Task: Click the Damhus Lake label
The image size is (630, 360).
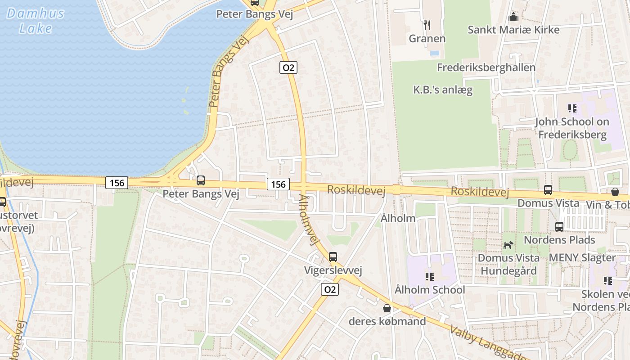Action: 36,21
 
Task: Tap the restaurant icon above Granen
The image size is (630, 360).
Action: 427,25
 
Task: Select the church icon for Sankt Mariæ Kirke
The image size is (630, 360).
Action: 513,17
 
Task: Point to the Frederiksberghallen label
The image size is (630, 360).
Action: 486,67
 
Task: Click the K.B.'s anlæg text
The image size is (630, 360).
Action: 443,90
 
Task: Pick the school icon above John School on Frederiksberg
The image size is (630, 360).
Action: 572,108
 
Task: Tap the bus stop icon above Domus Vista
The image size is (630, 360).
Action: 548,190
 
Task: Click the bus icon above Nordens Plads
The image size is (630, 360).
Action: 559,227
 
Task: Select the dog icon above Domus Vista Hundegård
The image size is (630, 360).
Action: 508,245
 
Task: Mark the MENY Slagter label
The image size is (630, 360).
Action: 582,258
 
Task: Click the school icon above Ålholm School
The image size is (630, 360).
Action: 429,276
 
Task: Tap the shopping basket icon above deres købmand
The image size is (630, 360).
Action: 387,308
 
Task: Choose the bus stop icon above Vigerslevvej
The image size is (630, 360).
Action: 333,257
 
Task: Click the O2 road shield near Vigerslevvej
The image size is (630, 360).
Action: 330,289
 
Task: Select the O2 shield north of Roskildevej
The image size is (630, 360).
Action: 288,67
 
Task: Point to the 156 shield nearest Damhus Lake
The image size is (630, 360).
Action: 117,183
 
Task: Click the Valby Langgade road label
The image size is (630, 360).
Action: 488,344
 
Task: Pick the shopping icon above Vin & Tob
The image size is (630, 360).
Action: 615,192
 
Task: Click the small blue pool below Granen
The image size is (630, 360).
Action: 434,53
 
